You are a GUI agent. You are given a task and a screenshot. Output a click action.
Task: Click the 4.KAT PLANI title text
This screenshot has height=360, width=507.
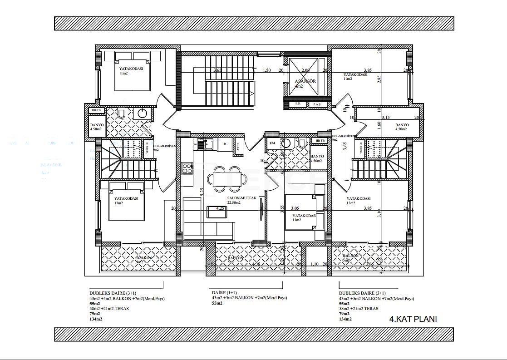pyautogui.click(x=413, y=319)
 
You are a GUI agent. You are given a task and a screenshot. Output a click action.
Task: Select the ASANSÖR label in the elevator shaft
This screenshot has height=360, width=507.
pyautogui.click(x=305, y=81)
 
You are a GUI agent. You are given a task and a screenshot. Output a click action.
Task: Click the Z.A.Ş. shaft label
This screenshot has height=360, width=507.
pyautogui.click(x=316, y=104)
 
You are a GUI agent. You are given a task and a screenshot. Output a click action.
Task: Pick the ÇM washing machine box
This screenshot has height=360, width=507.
pyautogui.click(x=272, y=143)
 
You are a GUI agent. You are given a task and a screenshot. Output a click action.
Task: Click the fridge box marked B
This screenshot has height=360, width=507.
pyautogui.click(x=224, y=144)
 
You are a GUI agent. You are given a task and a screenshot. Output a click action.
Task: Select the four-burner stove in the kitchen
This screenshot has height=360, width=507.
pyautogui.click(x=187, y=168)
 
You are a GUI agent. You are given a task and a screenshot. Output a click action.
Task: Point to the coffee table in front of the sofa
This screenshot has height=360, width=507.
pyautogui.click(x=214, y=212)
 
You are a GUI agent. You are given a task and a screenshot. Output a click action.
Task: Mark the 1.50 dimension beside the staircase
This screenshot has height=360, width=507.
pyautogui.click(x=267, y=70)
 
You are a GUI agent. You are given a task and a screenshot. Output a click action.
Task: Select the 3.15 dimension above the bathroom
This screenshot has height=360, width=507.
pyautogui.click(x=385, y=118)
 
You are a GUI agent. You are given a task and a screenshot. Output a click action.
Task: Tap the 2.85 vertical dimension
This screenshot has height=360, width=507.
pyautogui.click(x=380, y=78)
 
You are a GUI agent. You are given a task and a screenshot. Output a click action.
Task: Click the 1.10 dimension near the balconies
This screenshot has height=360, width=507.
pyautogui.click(x=315, y=264)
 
